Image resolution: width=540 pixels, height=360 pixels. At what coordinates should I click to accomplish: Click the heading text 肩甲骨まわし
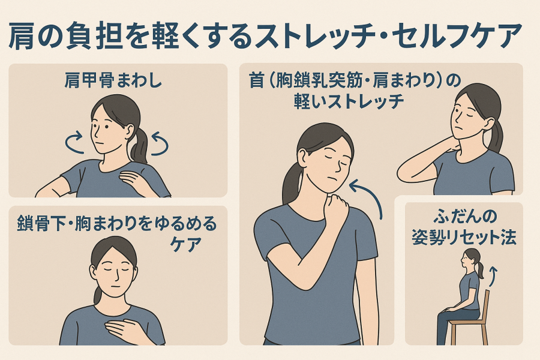click(x=113, y=81)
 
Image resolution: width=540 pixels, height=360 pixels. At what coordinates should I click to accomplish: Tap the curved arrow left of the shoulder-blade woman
click(x=74, y=143)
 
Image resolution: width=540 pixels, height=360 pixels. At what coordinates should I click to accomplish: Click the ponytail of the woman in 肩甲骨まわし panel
click(x=139, y=146)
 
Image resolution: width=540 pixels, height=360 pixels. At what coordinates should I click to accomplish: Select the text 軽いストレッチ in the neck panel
click(x=349, y=101)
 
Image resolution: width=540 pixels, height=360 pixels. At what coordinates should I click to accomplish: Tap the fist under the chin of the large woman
click(x=337, y=204)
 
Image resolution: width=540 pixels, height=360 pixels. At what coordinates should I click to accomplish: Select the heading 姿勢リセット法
click(x=464, y=238)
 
